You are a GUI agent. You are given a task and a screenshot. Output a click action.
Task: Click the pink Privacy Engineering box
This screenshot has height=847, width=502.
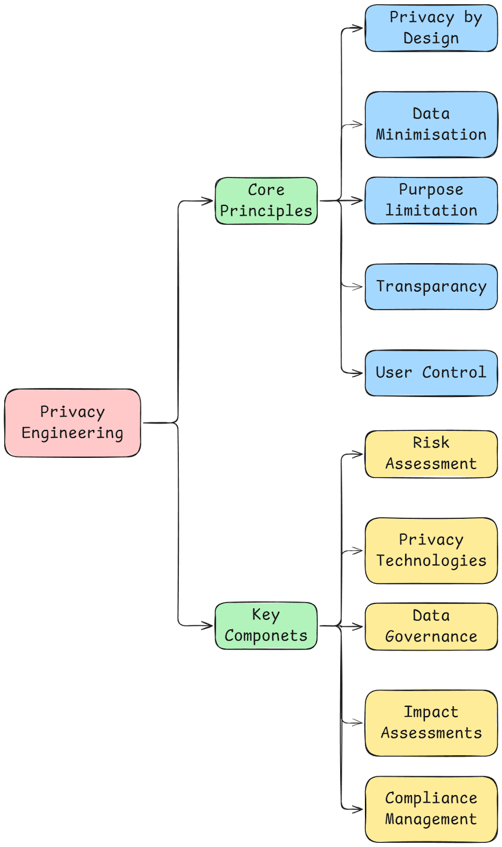pyautogui.click(x=73, y=422)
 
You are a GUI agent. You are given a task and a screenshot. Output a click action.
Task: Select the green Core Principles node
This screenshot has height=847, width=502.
pyautogui.click(x=266, y=201)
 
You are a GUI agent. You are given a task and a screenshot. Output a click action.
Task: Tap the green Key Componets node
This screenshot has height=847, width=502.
pyautogui.click(x=266, y=625)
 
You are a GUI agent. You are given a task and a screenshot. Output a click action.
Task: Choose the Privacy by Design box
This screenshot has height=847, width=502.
pyautogui.click(x=431, y=28)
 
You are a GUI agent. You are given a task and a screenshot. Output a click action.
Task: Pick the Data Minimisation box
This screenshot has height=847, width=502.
pyautogui.click(x=431, y=124)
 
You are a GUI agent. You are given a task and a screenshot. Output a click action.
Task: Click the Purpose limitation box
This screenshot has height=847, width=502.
pyautogui.click(x=431, y=200)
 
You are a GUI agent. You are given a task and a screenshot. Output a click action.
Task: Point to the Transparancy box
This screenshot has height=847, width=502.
pyautogui.click(x=431, y=286)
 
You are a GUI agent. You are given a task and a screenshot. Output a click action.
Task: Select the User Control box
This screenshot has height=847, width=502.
pyautogui.click(x=431, y=373)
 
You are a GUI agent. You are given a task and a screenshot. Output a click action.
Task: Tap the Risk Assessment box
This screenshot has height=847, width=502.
pyautogui.click(x=431, y=454)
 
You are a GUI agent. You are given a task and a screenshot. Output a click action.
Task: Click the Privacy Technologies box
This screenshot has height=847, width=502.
pyautogui.click(x=431, y=551)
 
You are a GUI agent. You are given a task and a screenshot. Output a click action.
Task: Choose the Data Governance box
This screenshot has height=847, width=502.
pyautogui.click(x=431, y=626)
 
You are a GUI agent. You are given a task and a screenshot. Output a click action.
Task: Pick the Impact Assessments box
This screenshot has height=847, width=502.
pyautogui.click(x=431, y=723)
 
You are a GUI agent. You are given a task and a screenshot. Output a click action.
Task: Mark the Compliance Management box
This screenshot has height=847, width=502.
pyautogui.click(x=431, y=809)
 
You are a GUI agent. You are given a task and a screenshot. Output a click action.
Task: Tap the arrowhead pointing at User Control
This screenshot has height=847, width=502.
pyautogui.click(x=360, y=373)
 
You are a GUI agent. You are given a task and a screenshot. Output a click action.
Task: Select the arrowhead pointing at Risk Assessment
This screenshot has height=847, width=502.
pyautogui.click(x=360, y=454)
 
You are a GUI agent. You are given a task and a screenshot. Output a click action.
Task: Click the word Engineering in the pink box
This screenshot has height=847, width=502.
pyautogui.click(x=72, y=433)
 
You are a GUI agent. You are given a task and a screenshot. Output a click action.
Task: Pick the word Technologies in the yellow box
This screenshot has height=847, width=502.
pyautogui.click(x=431, y=561)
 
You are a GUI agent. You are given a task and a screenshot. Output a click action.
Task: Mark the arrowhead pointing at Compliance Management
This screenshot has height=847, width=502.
pyautogui.click(x=360, y=809)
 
